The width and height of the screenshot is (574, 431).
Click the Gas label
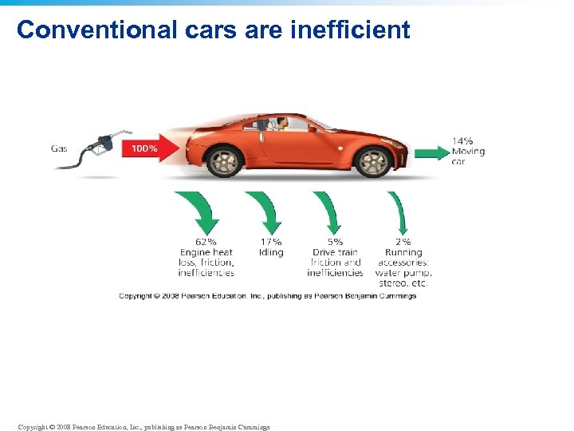point(60,148)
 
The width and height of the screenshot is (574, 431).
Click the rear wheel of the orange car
point(226,162)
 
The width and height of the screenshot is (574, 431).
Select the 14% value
point(462,142)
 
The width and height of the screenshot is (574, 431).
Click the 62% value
point(206,242)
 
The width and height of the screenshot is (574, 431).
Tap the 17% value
point(271,242)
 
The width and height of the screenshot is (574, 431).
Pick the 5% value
point(335,242)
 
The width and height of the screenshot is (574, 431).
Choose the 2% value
point(403,242)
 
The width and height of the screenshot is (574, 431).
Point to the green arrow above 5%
point(329,211)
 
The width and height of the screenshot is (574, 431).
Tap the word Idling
point(271,252)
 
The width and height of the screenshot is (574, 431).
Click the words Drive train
point(335,252)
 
